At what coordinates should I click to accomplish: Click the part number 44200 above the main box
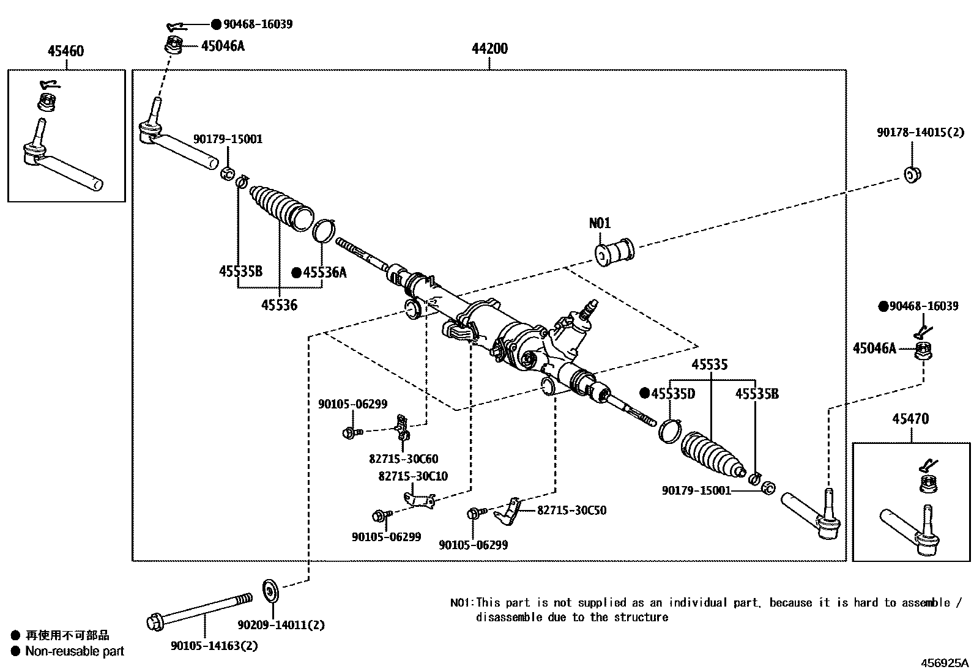pos(489,48)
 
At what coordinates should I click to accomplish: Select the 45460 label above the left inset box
pos(65,51)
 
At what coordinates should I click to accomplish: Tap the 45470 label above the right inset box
pos(910,419)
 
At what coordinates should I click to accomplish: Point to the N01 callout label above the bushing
pos(600,223)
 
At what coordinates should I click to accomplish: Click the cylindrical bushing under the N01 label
pos(614,251)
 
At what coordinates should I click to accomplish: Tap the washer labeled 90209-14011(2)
pos(270,590)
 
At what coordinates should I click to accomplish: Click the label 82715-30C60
pos(403,459)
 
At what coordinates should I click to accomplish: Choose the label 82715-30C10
pos(413,476)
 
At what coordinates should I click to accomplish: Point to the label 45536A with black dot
pos(324,273)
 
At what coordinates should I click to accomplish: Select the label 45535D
pos(672,394)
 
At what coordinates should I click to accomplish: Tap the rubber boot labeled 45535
pos(712,453)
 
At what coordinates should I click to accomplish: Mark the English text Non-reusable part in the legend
pos(74,651)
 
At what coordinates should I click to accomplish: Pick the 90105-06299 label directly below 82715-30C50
pos(473,545)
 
